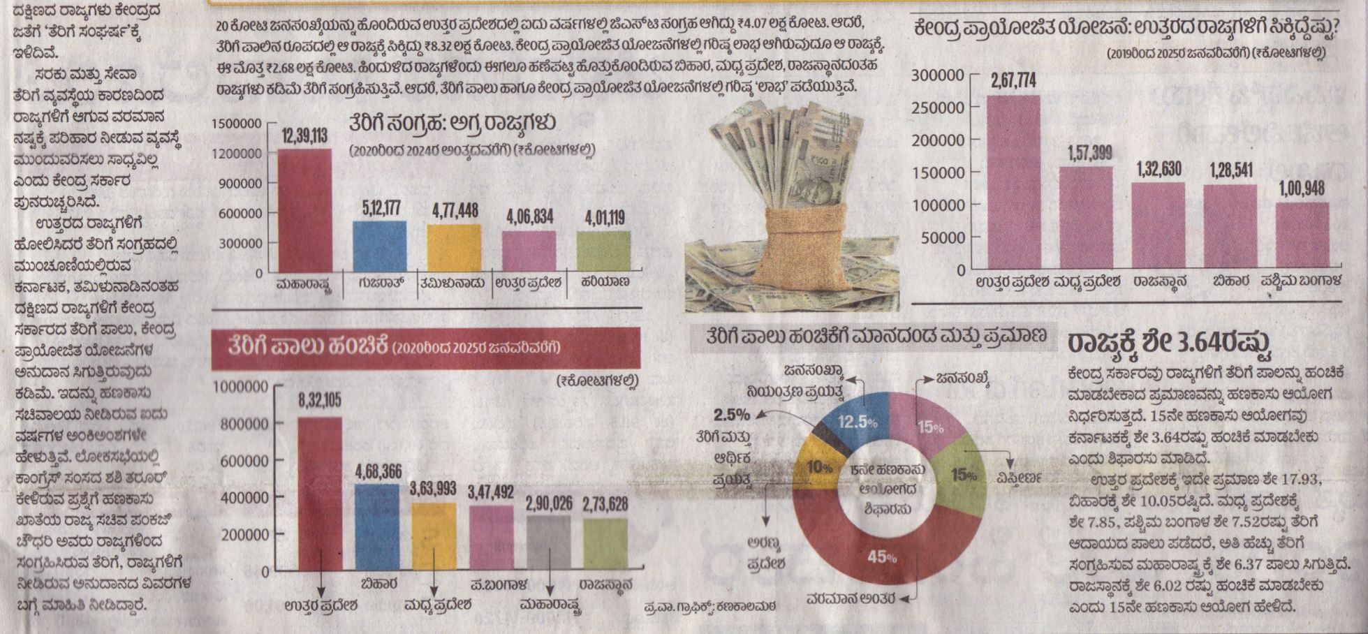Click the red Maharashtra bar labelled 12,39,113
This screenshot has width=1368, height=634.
click(x=304, y=210)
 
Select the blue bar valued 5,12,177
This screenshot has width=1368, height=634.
click(x=379, y=246)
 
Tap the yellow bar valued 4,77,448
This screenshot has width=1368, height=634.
click(x=454, y=248)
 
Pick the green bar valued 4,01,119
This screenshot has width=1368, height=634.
click(x=603, y=251)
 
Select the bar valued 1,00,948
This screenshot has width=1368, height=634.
click(x=1302, y=235)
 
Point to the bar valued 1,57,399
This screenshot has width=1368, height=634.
click(x=1086, y=217)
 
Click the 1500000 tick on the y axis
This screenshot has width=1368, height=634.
click(x=236, y=124)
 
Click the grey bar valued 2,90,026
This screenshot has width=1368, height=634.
click(x=548, y=543)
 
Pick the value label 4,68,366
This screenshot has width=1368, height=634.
click(x=377, y=471)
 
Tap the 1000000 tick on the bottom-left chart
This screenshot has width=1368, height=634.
click(x=240, y=387)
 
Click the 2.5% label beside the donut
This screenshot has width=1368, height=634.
click(x=731, y=415)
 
